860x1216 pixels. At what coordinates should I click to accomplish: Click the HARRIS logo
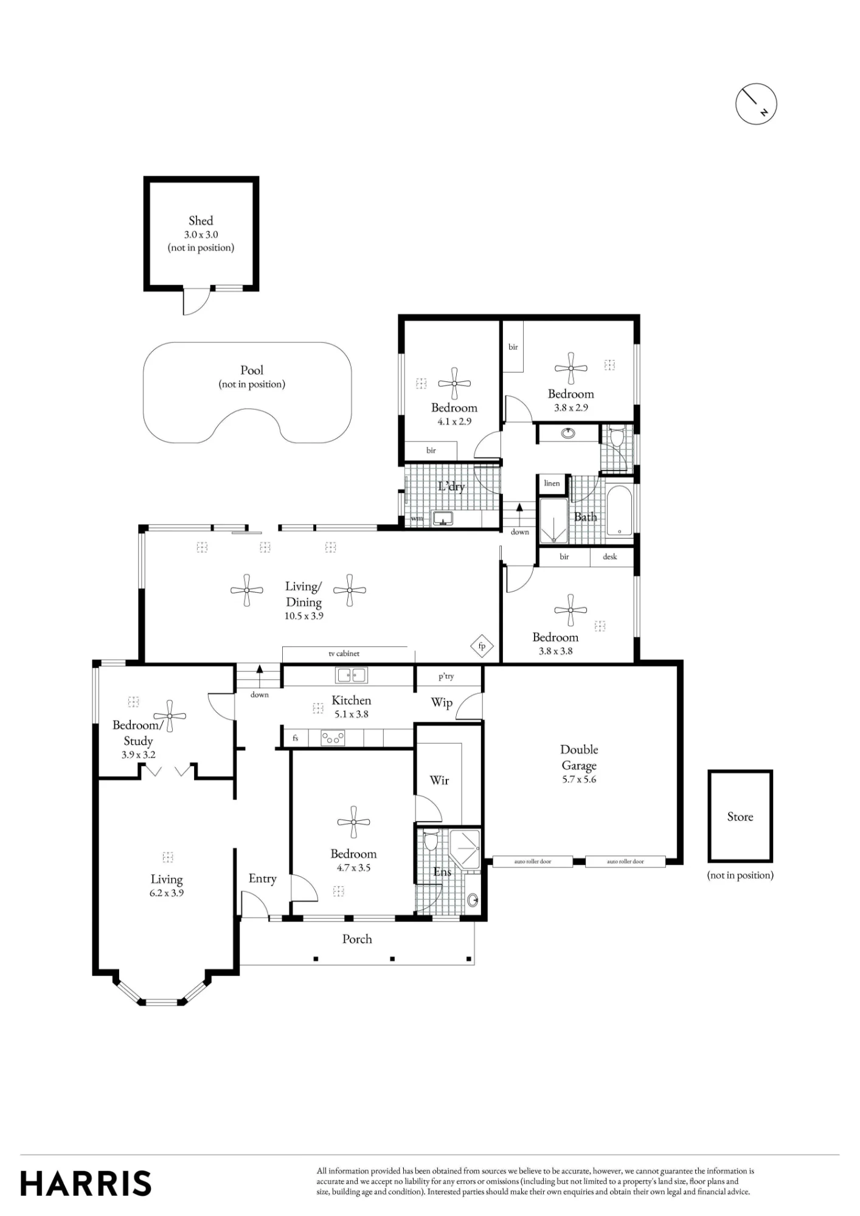pos(86,1183)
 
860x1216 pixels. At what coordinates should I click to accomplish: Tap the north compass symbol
pos(756,105)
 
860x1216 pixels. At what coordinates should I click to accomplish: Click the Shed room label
pos(201,221)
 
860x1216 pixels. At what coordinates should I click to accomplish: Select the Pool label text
pos(252,370)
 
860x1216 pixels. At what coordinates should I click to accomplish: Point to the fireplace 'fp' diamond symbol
pos(482,646)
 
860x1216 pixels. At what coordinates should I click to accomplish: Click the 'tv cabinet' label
pos(344,654)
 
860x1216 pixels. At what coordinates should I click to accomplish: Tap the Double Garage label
pos(579,758)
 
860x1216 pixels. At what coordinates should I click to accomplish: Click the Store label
pos(740,817)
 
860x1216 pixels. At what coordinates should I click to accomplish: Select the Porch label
pos(357,939)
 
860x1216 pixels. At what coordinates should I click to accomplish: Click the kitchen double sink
pos(351,675)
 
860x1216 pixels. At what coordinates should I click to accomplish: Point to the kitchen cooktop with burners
pos(333,738)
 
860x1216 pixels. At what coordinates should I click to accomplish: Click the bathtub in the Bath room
pos(620,511)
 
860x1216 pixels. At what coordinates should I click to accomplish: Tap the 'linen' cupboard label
pos(552,483)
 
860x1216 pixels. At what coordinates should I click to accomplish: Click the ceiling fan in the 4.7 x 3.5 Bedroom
pos(353,823)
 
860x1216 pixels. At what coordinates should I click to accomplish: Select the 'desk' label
pos(609,556)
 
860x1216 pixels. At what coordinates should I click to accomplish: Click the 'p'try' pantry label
pos(446,676)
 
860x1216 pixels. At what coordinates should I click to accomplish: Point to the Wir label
pos(439,780)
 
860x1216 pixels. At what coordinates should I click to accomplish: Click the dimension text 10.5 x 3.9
pos(304,616)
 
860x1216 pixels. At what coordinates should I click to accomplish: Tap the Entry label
pos(262,879)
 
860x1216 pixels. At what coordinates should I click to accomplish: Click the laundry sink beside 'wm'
pos(442,519)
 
